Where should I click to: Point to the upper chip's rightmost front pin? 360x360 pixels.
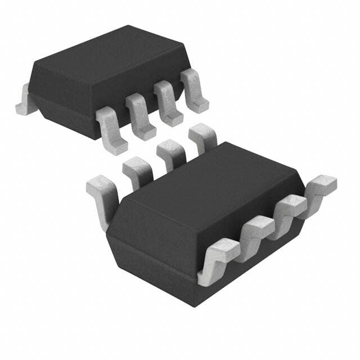tap(193, 91)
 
